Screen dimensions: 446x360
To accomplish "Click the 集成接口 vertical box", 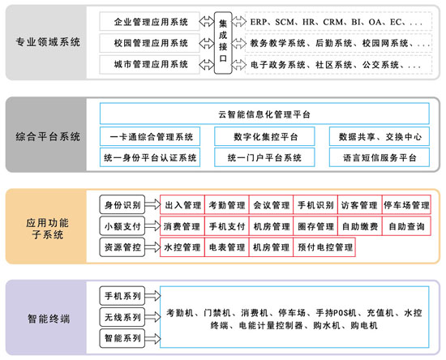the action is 223,43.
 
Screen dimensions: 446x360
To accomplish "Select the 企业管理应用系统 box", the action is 150,21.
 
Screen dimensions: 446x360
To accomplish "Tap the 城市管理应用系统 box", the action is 150,65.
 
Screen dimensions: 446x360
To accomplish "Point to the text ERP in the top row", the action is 259,22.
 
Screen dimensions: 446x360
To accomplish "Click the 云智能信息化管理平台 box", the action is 264,114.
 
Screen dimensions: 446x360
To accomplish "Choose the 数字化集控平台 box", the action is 264,136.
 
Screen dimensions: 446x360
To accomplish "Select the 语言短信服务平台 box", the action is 380,157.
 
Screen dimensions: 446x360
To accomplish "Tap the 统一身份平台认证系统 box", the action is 150,157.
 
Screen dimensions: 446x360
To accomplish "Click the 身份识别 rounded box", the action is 122,204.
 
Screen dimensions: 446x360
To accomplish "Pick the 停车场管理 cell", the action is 406,205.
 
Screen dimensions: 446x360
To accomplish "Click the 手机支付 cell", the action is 227,226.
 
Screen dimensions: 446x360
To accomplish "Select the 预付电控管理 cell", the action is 324,247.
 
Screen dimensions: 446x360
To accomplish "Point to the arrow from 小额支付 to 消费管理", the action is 152,226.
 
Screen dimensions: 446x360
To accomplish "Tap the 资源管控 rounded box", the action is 122,247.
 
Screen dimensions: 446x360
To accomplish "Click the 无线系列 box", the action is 122,317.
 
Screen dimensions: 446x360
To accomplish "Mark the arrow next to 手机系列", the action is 152,296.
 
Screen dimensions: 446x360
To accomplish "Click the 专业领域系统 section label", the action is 48,42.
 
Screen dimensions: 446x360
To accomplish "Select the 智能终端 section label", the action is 49,319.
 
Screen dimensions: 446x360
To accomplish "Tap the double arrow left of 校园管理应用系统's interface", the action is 207,43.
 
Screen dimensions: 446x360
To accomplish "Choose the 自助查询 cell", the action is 406,226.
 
